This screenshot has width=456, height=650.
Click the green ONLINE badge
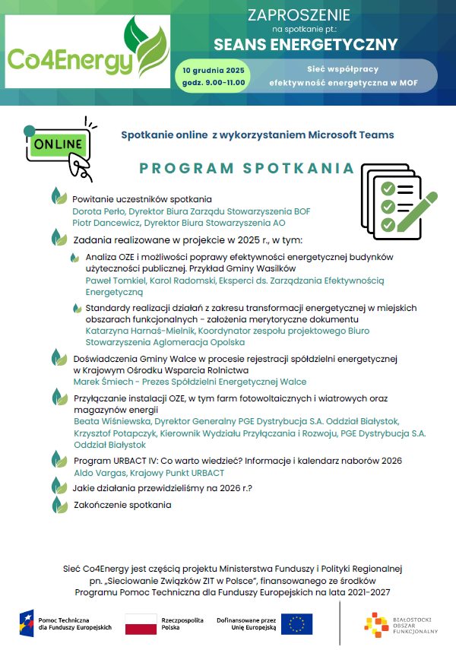point(57,144)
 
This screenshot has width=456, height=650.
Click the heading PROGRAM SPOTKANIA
point(247,168)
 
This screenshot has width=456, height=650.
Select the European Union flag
point(296,624)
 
